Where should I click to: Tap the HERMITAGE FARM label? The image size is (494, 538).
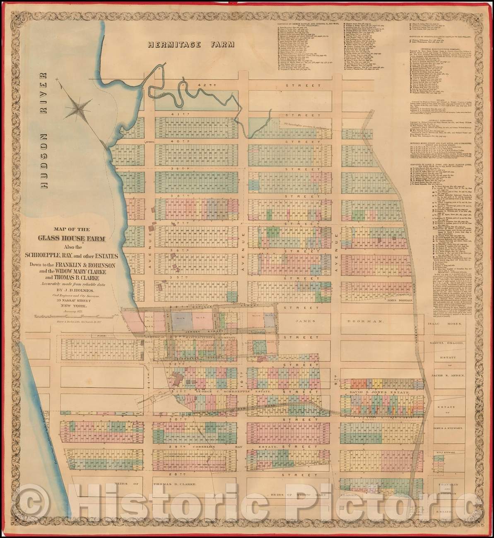pos(191,44)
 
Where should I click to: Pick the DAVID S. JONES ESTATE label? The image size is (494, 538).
pos(374,391)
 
